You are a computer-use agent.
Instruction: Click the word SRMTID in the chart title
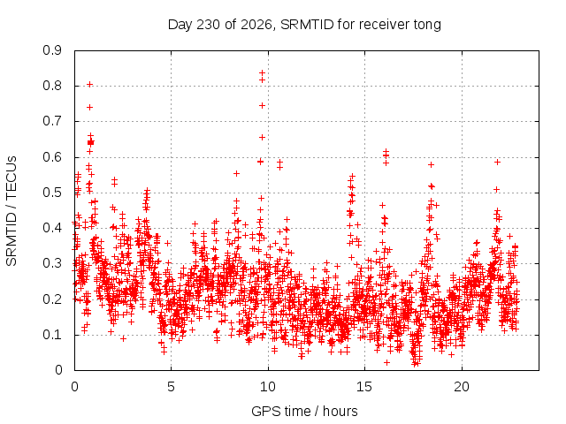[x=307, y=25]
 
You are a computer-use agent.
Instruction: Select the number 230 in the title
[x=208, y=25]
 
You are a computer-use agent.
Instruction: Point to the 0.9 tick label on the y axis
[x=52, y=50]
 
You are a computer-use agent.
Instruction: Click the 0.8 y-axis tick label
[x=52, y=86]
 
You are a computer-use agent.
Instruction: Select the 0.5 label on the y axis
[x=52, y=193]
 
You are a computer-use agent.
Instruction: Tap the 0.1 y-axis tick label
[x=52, y=335]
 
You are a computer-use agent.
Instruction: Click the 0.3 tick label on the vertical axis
[x=52, y=263]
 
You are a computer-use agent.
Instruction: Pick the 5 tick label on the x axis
[x=171, y=387]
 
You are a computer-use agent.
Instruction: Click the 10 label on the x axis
[x=268, y=387]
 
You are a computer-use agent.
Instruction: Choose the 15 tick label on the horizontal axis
[x=364, y=387]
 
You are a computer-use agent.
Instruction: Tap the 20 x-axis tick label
[x=462, y=387]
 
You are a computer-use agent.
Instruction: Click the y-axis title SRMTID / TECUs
[x=11, y=211]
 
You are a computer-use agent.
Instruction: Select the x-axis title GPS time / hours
[x=304, y=412]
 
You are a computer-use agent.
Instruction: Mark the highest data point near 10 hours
[x=262, y=72]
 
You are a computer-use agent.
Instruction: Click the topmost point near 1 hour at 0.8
[x=89, y=85]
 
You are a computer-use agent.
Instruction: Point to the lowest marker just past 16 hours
[x=386, y=362]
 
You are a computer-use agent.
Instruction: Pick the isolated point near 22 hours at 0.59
[x=497, y=163]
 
